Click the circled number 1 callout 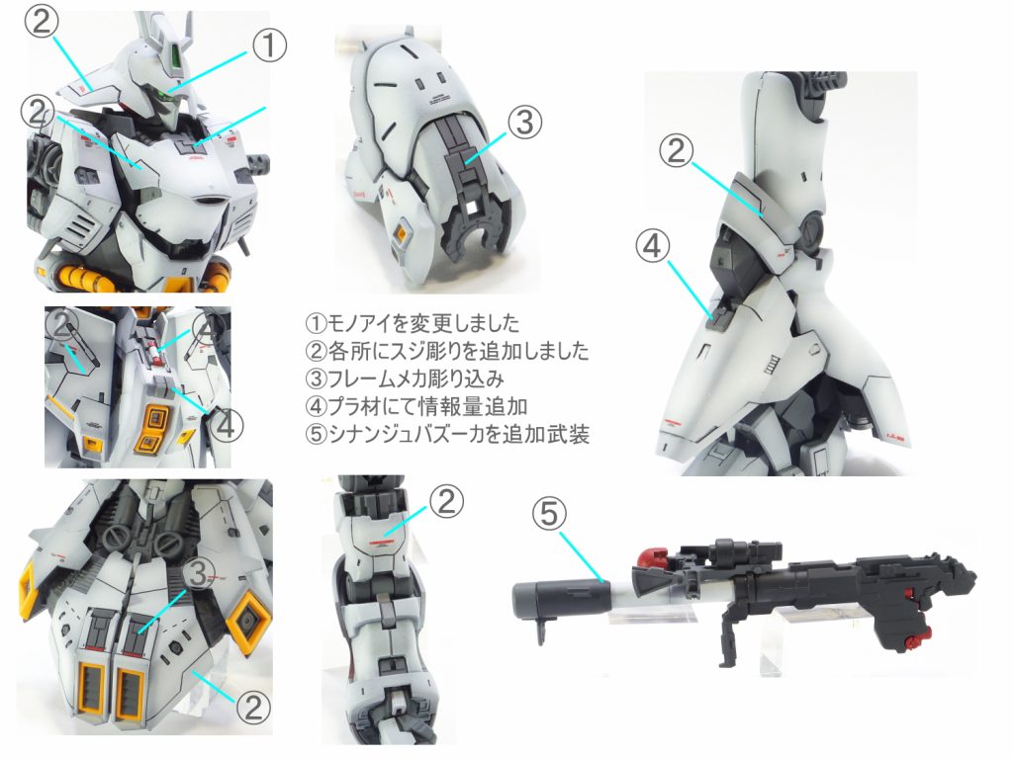tap(269, 44)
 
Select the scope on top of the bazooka tap(729, 553)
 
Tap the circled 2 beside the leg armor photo tap(675, 151)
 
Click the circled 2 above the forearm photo tap(445, 503)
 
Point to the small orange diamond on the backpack tap(402, 234)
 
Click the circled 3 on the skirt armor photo tap(201, 571)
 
